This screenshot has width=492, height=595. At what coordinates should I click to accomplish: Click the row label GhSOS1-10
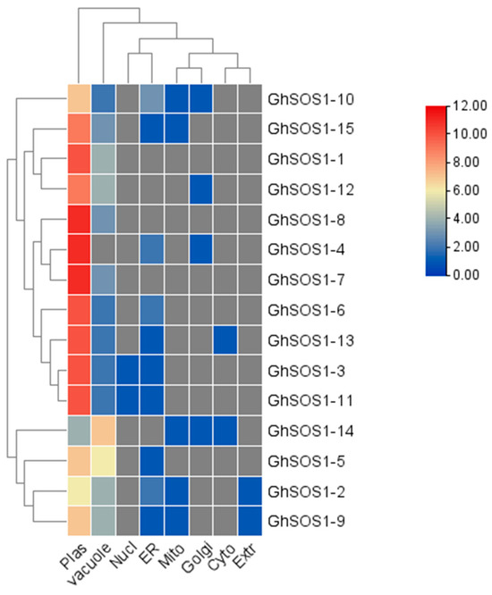pos(306,97)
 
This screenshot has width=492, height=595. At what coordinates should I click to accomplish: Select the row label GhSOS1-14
pos(306,429)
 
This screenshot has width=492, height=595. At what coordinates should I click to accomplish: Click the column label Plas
pos(78,556)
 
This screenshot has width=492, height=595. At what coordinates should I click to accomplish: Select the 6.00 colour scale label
pos(457,190)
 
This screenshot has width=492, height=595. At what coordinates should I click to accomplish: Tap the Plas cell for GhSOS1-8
pos(79,218)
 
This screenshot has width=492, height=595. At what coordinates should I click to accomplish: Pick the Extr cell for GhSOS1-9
pos(252,522)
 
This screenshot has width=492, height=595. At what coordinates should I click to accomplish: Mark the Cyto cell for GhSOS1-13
pos(228,339)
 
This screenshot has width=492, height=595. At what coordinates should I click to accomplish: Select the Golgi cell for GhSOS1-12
pos(203,188)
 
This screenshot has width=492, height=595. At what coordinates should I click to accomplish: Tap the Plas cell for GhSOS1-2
pos(79,491)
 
